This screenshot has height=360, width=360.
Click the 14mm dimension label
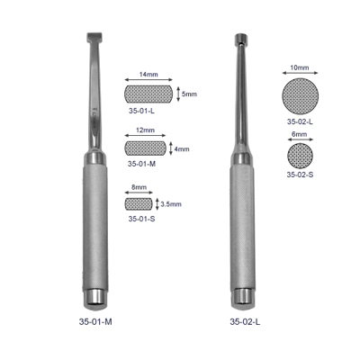click(x=148, y=74)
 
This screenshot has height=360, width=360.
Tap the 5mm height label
click(x=189, y=94)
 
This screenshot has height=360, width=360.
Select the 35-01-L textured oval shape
click(x=148, y=94)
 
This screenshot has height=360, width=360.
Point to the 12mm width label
click(x=145, y=130)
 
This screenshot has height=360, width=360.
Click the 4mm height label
click(x=182, y=148)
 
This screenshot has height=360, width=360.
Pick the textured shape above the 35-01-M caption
click(x=145, y=148)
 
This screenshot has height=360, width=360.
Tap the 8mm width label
click(x=139, y=187)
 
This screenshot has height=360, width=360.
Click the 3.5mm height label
click(x=171, y=204)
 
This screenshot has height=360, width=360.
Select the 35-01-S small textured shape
click(x=139, y=203)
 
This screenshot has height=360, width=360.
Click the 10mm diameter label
click(x=300, y=67)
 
